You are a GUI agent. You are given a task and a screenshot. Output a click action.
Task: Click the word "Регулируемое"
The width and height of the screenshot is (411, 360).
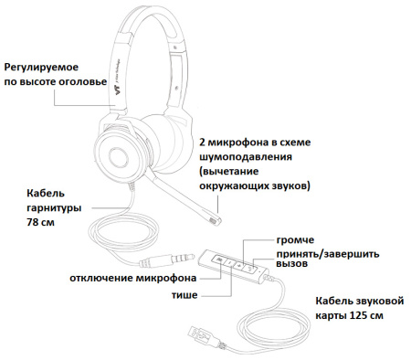pyautogui.click(x=42, y=68)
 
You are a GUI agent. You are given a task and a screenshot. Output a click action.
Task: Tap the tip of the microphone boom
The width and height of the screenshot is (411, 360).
pyautogui.click(x=216, y=219)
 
